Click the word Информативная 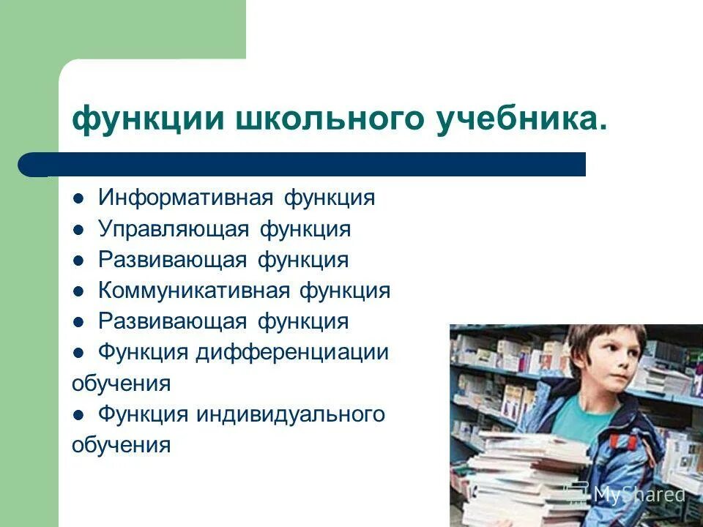pos(186,198)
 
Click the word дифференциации pos(291,352)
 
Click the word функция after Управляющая pos(305,230)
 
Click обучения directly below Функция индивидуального pos(121,444)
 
